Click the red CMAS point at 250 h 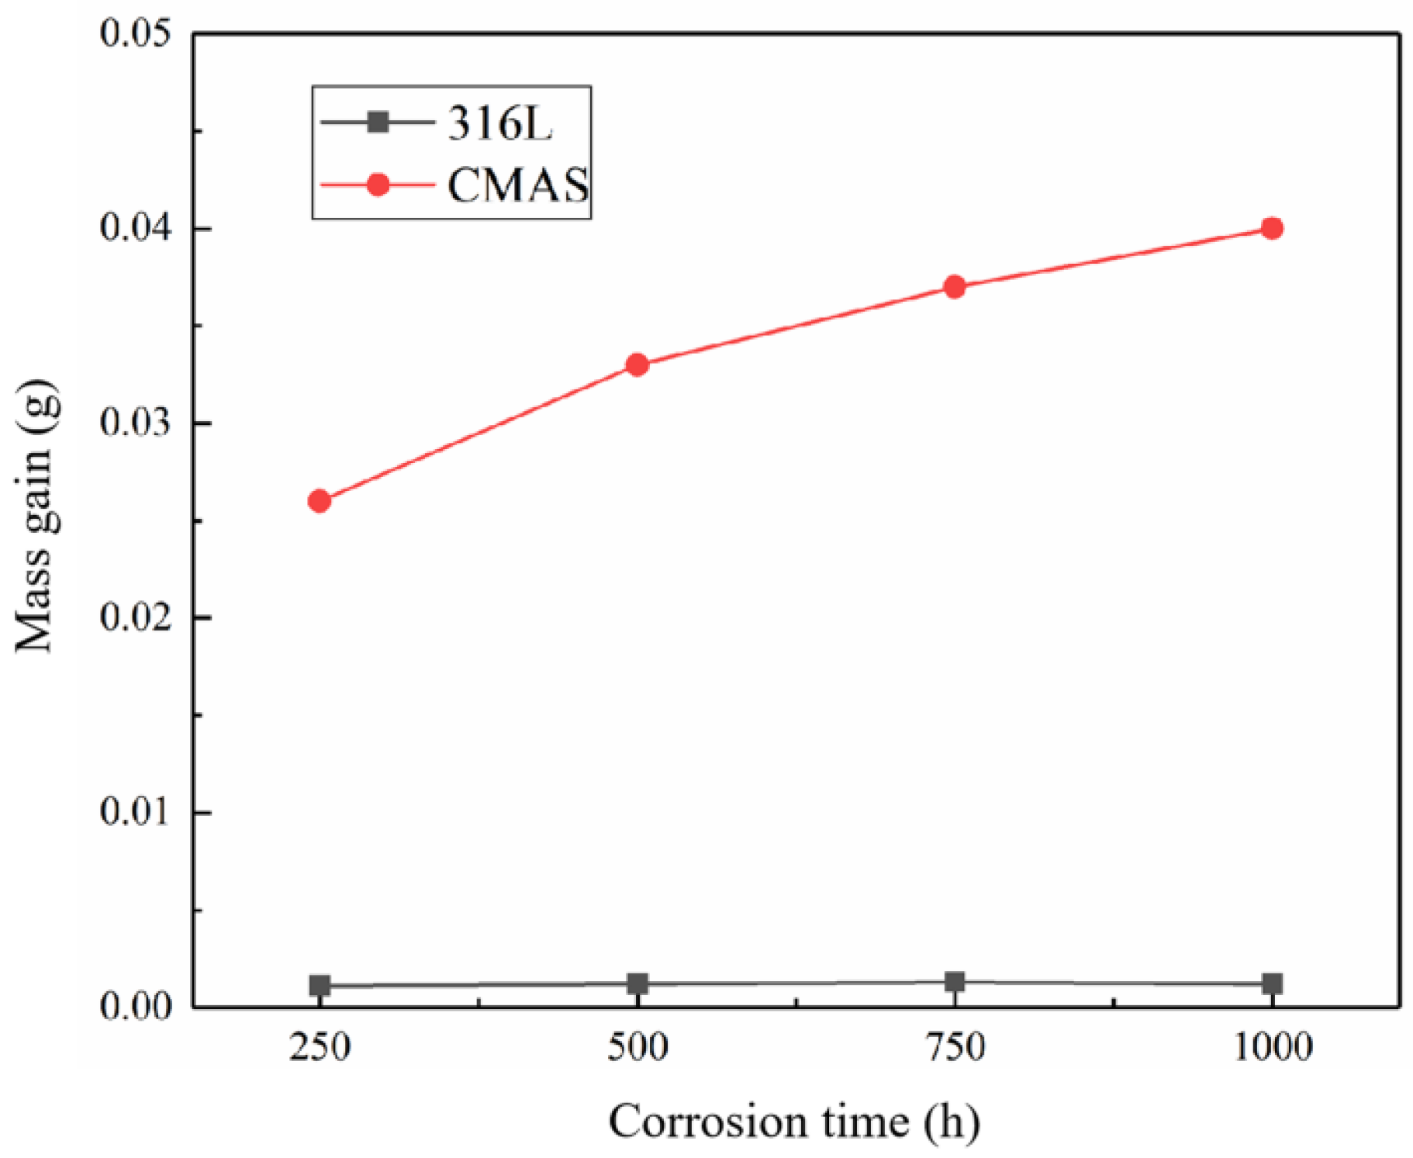click(x=320, y=501)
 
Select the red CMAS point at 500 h click(x=637, y=365)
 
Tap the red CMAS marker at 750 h click(x=955, y=287)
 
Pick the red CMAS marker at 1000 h click(x=1272, y=228)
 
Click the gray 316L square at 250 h click(x=320, y=986)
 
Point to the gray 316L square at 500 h click(x=637, y=983)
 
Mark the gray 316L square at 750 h click(x=955, y=982)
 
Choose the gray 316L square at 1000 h click(x=1272, y=983)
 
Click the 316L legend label click(x=500, y=123)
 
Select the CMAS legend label click(x=518, y=185)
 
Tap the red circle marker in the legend click(x=378, y=185)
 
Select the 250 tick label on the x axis click(x=320, y=1048)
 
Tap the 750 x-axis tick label click(x=955, y=1048)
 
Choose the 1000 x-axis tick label click(x=1272, y=1048)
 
